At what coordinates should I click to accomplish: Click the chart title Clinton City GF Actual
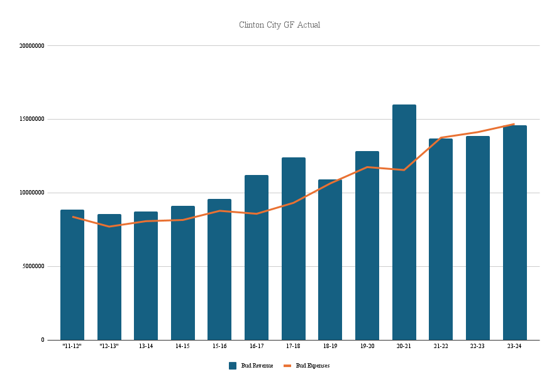[279, 25]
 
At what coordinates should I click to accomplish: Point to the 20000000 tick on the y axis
[31, 46]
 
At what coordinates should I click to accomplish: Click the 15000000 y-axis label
[31, 119]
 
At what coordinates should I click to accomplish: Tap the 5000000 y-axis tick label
[33, 266]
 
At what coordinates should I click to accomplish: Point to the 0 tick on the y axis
[43, 340]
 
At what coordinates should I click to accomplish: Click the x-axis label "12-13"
[109, 346]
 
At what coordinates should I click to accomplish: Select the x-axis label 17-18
[293, 346]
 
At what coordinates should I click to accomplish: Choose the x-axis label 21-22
[440, 346]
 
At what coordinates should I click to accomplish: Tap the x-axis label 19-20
[367, 346]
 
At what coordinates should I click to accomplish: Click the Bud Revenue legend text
[257, 366]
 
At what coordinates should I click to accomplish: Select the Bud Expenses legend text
[313, 366]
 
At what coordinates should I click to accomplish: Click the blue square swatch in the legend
[233, 366]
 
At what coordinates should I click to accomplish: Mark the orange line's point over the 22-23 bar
[478, 132]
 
